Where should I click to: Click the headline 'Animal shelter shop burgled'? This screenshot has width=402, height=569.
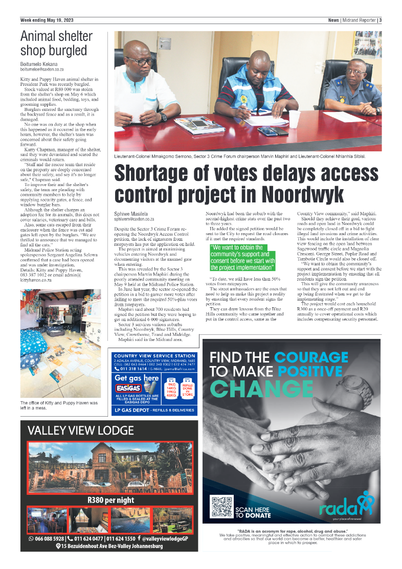point(56,43)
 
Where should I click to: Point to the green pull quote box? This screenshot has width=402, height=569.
point(243,257)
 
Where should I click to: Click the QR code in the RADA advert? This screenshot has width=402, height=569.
point(221,507)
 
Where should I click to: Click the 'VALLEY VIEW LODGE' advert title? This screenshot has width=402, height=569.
point(80,430)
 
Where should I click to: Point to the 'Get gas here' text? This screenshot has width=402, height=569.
point(137,378)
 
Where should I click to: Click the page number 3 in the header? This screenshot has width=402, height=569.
point(381,20)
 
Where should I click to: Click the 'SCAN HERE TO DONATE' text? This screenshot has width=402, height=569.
point(253,512)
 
